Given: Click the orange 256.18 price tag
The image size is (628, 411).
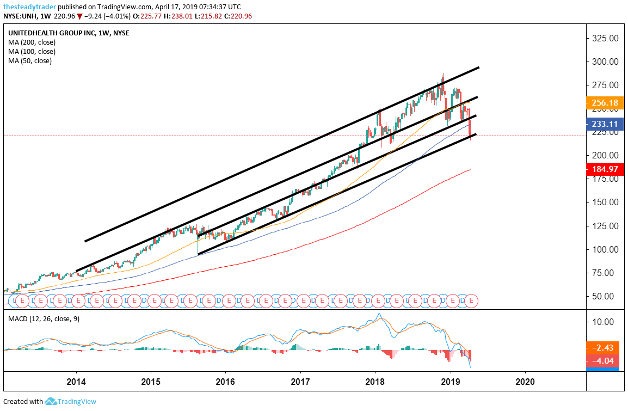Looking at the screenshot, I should tap(605, 102).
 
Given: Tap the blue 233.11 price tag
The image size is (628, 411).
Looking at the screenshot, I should tap(605, 124).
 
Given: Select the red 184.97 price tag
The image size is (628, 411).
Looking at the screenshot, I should tap(605, 170).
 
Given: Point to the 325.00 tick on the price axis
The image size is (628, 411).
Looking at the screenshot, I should tap(604, 39).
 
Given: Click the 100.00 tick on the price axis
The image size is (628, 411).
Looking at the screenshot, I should tap(604, 249).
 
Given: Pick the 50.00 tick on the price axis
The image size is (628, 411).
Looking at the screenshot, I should tap(604, 296).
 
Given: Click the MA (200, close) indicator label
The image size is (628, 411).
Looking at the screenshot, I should tap(32, 42).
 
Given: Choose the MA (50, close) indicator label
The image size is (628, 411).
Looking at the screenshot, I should tap(30, 61).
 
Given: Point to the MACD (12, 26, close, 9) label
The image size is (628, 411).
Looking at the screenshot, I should tap(44, 318).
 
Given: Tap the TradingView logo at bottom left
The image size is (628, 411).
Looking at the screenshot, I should tap(71, 402).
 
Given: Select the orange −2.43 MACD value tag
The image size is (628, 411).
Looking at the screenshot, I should tap(605, 347).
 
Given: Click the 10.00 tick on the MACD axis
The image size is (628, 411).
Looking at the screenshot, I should tap(603, 321).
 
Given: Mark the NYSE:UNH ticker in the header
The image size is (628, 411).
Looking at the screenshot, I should tap(20, 16).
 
